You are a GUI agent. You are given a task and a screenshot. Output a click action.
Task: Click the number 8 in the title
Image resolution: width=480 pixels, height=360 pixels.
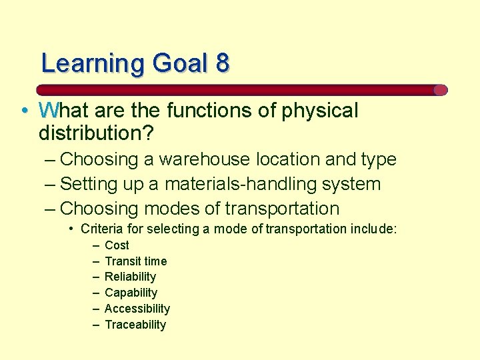(222, 63)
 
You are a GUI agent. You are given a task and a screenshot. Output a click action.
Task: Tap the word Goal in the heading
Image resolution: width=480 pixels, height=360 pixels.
(180, 63)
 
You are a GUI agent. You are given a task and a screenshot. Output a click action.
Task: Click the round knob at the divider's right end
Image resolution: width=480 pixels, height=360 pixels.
(440, 90)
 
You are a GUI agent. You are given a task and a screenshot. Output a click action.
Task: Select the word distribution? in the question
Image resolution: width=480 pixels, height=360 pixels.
(96, 133)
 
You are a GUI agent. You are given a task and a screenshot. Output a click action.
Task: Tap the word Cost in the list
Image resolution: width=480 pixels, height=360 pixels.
(117, 245)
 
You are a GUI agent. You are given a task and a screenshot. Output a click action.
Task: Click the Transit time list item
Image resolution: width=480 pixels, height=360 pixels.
(136, 261)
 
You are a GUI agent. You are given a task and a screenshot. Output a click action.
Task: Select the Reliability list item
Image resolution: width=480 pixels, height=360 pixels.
(130, 277)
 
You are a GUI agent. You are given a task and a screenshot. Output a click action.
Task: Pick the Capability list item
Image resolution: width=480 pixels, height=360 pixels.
(131, 293)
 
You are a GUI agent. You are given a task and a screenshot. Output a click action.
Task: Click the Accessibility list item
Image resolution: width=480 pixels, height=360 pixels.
(137, 309)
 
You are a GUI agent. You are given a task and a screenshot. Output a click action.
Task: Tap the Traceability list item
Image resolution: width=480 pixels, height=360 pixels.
(135, 325)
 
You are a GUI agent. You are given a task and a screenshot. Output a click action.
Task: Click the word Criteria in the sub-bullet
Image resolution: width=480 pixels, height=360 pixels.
(100, 229)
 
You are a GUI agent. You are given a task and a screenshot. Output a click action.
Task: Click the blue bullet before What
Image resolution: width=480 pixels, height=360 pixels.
(24, 111)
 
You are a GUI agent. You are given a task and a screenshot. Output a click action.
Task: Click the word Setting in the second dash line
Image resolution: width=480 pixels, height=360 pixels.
(85, 184)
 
